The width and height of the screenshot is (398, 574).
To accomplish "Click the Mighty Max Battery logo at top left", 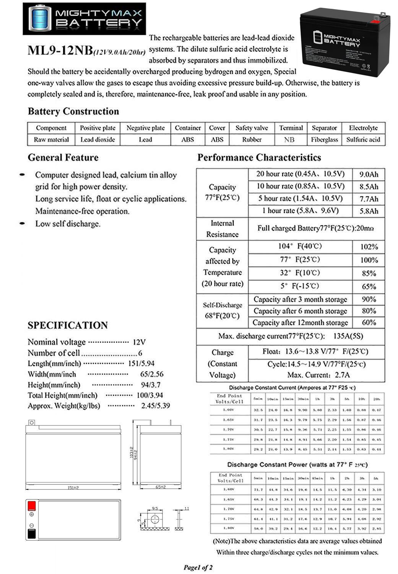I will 84,18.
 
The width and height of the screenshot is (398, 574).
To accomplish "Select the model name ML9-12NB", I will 60,51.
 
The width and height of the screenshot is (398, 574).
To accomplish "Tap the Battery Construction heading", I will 73,111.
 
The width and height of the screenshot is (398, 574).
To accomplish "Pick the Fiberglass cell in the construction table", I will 324,140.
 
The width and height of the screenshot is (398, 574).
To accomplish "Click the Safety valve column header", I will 252,128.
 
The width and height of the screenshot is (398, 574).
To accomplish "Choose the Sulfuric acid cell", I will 363,140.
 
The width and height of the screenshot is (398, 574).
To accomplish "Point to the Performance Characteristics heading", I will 259,158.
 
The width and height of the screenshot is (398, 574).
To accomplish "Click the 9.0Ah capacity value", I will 369,174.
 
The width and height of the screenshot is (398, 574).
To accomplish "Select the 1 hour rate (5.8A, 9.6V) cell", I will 300,210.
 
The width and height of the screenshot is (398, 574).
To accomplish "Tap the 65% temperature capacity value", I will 369,286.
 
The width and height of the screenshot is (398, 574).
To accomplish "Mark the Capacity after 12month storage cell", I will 300,323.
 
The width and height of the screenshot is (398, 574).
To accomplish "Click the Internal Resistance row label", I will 222,229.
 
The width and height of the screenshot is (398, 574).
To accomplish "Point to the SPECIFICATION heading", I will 68,325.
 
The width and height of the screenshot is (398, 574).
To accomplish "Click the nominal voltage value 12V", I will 139,342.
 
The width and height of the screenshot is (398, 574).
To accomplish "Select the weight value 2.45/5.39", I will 156,406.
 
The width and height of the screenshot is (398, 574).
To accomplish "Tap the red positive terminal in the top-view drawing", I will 32,506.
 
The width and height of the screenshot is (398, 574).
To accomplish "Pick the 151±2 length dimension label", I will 73,488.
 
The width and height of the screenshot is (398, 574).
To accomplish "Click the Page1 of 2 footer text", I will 198,567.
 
